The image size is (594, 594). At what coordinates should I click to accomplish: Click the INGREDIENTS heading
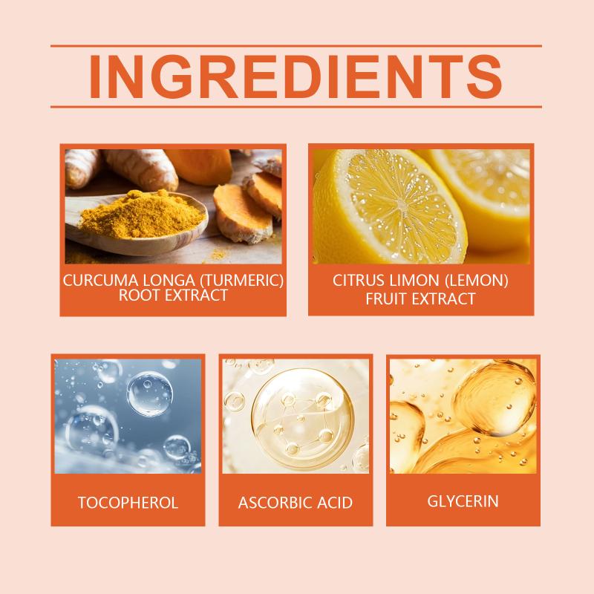pos(296,76)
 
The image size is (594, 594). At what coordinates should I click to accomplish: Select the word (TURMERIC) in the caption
pos(242,281)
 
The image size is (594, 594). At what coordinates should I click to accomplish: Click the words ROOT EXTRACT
pos(173,295)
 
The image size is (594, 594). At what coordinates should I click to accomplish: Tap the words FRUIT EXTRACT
pos(420,299)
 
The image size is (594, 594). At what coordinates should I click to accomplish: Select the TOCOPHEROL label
pos(128,503)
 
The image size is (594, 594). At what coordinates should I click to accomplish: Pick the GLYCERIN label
pos(463,501)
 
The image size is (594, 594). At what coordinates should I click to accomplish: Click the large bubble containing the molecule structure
pos(303,419)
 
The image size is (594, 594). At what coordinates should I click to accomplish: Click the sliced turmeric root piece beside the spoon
pos(243,214)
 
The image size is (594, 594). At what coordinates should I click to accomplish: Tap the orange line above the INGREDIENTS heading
pos(296,46)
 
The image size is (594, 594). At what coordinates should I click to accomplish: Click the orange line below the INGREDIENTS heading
pos(296,107)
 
